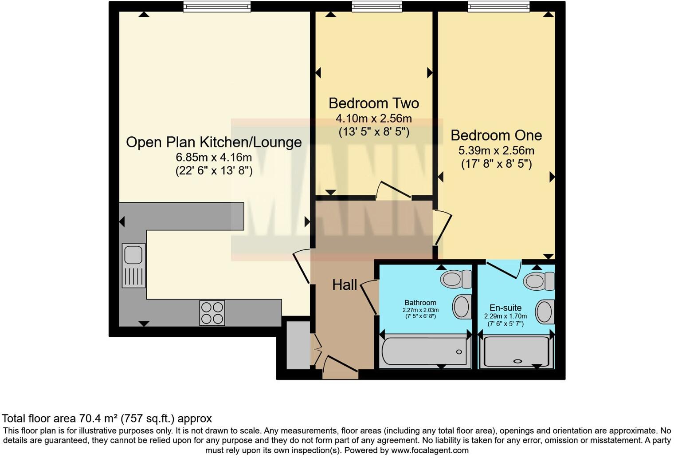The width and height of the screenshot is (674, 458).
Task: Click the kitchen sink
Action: point(133,265)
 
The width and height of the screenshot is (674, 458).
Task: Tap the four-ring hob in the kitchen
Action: point(212,313)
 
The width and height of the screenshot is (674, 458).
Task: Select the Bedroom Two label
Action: point(373,103)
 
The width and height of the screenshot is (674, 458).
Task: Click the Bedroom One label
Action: point(496,135)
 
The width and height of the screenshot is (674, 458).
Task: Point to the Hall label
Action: point(345,285)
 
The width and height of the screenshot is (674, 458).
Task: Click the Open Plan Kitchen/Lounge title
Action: point(214,142)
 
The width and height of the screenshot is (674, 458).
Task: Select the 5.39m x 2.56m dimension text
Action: point(496,150)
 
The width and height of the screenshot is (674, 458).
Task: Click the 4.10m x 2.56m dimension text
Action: point(373,118)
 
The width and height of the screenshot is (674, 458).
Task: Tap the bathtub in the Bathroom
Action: point(425,352)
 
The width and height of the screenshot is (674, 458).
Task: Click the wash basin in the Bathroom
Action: point(462,307)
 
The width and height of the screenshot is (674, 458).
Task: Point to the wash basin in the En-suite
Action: point(545,311)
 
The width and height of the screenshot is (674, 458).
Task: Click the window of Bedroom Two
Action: point(377,6)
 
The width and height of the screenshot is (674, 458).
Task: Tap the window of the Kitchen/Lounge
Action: point(217,6)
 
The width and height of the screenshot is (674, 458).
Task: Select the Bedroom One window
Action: point(498,6)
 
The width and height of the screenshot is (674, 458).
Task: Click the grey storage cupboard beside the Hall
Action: point(298,345)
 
